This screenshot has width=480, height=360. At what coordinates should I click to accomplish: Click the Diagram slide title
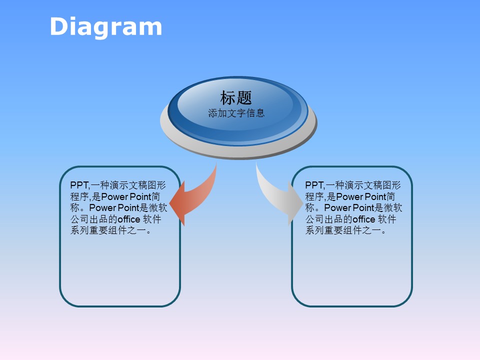(x=106, y=27)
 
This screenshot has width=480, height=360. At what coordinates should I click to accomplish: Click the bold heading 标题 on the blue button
(x=236, y=97)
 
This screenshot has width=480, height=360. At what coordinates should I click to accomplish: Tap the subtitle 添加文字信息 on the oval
(x=236, y=113)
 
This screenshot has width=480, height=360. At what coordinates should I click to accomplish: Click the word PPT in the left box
(x=79, y=185)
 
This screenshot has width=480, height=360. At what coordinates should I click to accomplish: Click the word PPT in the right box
(x=314, y=185)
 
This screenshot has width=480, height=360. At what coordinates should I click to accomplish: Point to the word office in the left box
(x=129, y=219)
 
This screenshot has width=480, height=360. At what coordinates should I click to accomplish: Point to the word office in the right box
(x=364, y=219)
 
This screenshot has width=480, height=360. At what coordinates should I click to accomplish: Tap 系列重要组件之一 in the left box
(x=108, y=230)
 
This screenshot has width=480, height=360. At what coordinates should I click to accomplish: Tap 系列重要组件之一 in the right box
(x=343, y=230)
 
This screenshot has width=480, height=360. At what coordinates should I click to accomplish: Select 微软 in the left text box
(x=158, y=208)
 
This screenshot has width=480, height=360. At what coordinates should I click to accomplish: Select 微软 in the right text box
(x=393, y=208)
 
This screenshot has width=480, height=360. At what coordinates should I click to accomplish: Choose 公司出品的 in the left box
(x=93, y=219)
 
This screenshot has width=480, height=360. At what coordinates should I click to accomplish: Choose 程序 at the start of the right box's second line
(x=314, y=196)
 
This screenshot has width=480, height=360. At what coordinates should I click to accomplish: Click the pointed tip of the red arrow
(x=169, y=204)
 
